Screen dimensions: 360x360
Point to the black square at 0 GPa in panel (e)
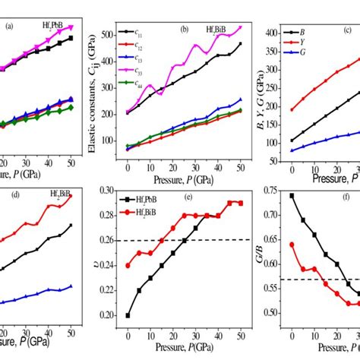(x=128, y=315)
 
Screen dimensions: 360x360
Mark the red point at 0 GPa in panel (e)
(x=128, y=266)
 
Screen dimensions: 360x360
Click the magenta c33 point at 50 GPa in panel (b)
(x=240, y=27)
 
